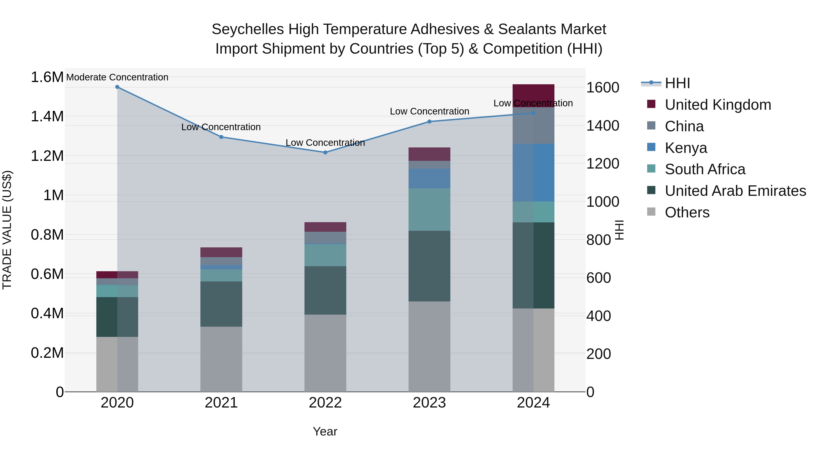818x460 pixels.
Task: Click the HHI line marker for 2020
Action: pyautogui.click(x=117, y=87)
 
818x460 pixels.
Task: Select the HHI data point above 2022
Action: pyautogui.click(x=325, y=152)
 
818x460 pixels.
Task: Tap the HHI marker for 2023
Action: pyautogui.click(x=429, y=122)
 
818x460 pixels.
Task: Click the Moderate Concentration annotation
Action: pyautogui.click(x=117, y=77)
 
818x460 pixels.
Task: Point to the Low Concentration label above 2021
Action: pyautogui.click(x=221, y=127)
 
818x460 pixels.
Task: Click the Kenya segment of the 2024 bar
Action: pyautogui.click(x=534, y=172)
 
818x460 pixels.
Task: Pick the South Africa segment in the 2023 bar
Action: pyautogui.click(x=429, y=209)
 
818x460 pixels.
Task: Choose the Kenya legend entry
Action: pyautogui.click(x=686, y=148)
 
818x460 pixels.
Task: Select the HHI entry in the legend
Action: pyautogui.click(x=677, y=83)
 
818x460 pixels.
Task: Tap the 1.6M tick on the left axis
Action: pyautogui.click(x=47, y=77)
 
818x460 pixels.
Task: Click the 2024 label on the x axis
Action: pyautogui.click(x=534, y=403)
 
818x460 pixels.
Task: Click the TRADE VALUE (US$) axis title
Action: pyautogui.click(x=7, y=230)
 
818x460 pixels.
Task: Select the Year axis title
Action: pyautogui.click(x=325, y=431)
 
